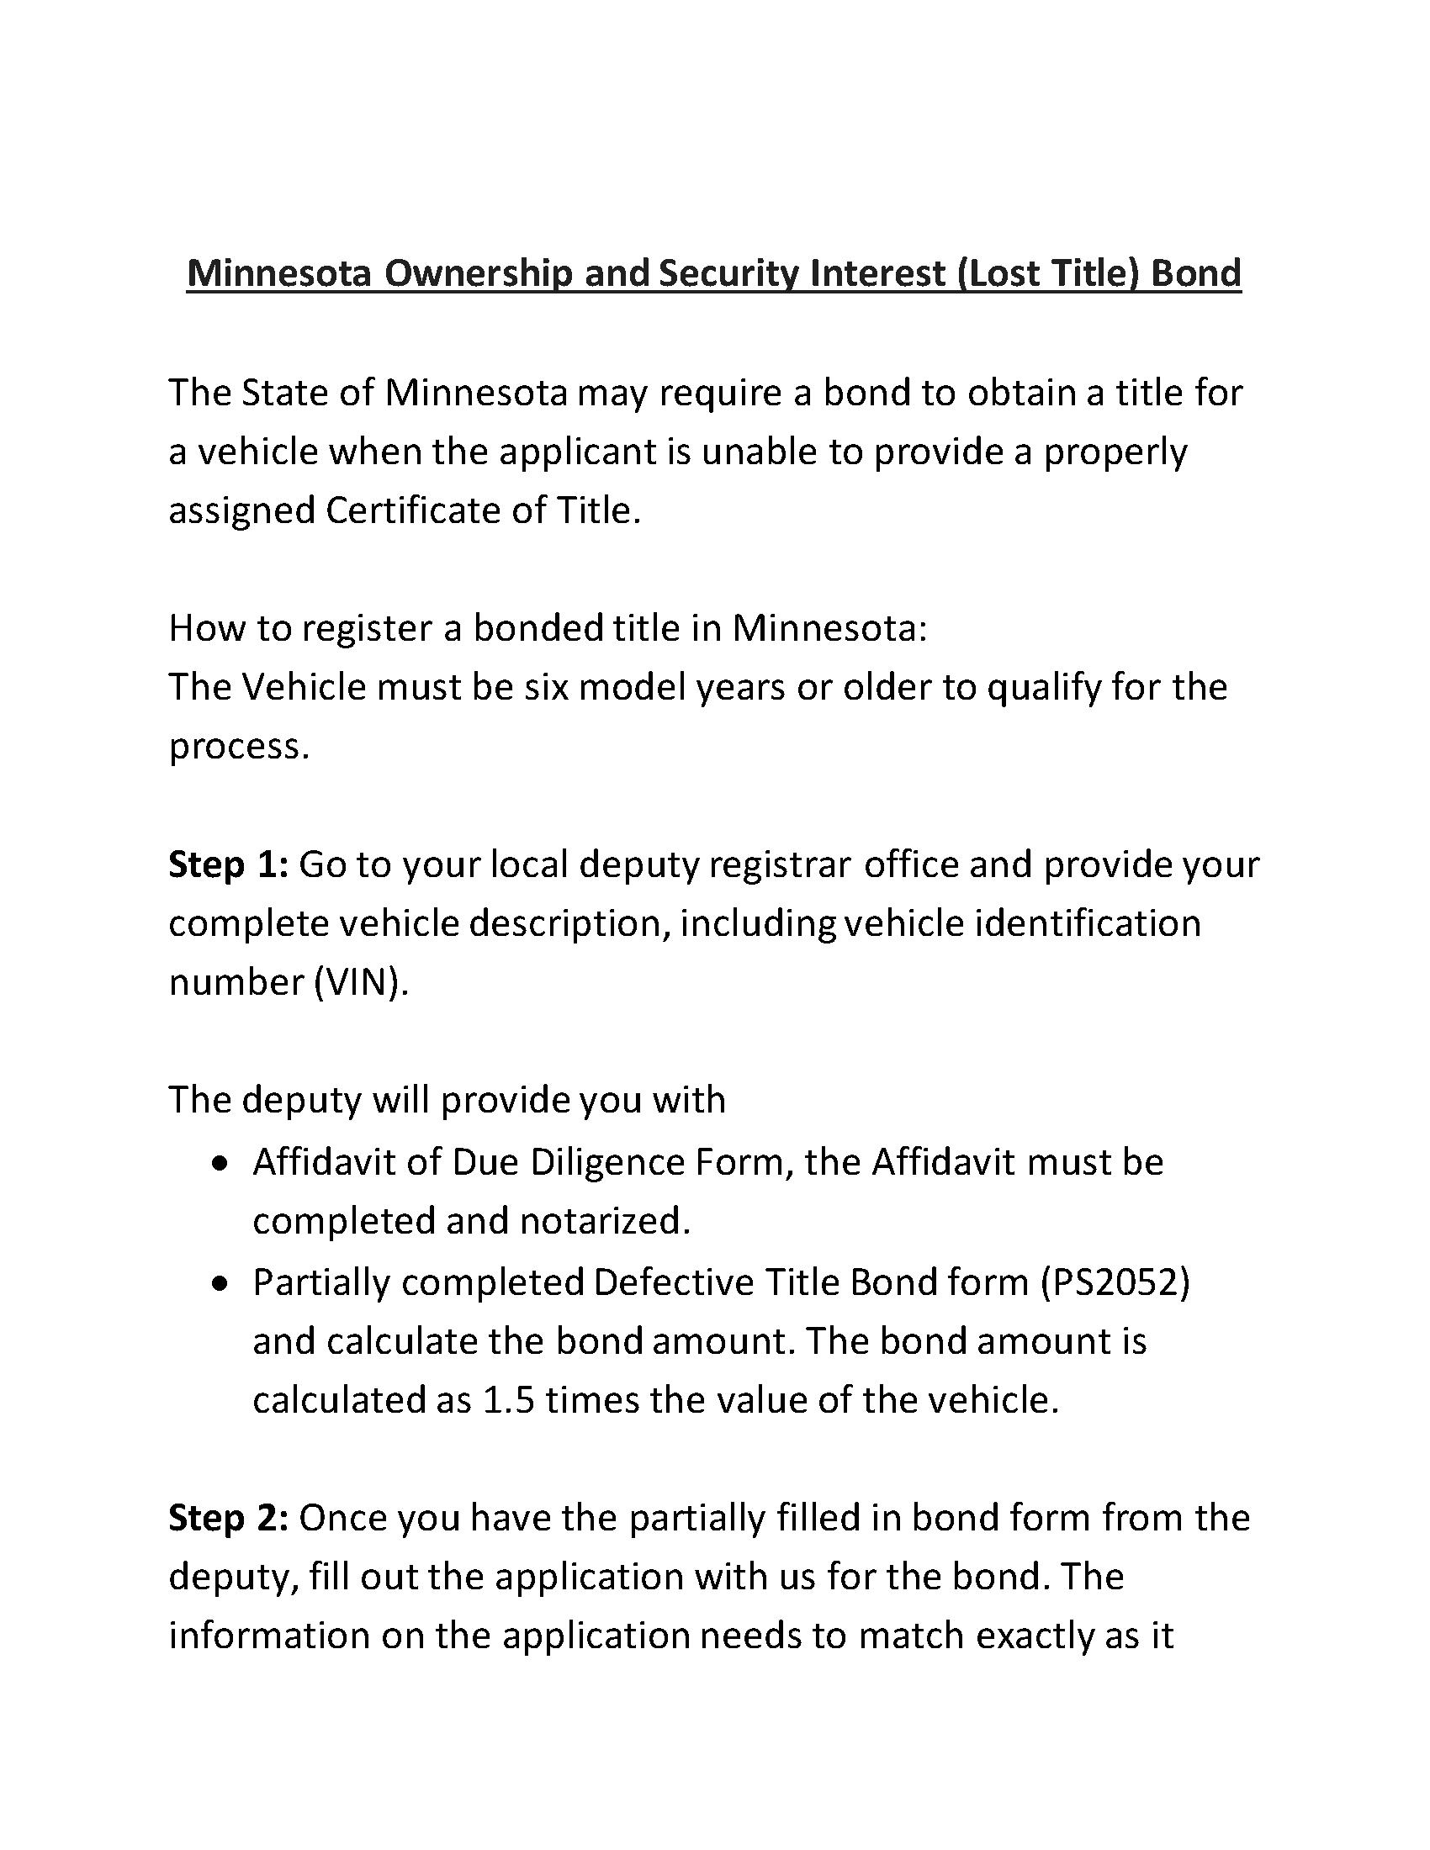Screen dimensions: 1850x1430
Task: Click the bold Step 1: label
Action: (x=229, y=864)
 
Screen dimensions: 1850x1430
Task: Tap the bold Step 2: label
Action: (x=229, y=1518)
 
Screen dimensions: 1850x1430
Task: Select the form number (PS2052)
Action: (x=1115, y=1282)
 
